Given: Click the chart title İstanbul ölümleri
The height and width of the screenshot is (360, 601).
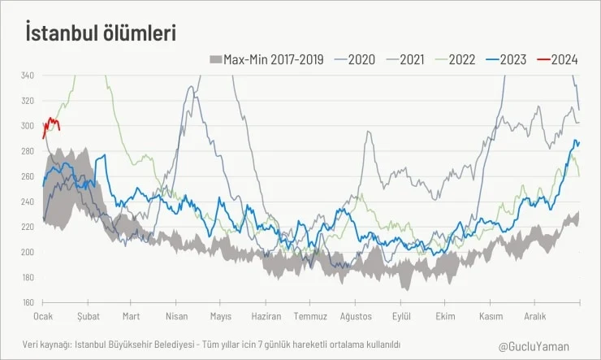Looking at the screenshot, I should (101, 33).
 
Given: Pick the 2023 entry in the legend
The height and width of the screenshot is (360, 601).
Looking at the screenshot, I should (508, 59).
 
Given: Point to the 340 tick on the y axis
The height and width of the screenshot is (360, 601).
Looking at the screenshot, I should (27, 76).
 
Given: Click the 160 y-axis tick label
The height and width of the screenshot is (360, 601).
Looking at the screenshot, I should (27, 302).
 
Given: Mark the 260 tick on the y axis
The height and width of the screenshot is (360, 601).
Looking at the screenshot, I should (27, 176).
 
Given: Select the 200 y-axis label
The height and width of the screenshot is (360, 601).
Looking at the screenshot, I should (27, 252).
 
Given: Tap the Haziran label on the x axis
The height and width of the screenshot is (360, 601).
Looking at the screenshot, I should (266, 315).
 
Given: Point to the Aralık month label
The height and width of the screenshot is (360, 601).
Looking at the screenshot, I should (535, 315).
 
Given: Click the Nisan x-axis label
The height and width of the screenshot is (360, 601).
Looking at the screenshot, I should (176, 315).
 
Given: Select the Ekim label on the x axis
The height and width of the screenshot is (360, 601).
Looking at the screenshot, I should (445, 315).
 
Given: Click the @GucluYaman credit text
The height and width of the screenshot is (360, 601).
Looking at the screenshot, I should (533, 345).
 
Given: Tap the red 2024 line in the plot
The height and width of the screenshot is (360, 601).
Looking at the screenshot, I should (52, 121).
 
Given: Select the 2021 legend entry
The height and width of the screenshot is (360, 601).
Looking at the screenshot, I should (405, 59).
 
